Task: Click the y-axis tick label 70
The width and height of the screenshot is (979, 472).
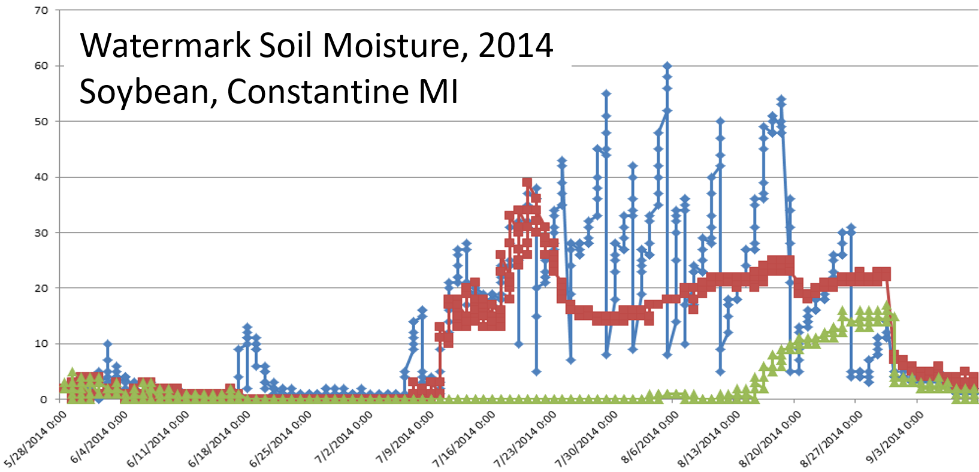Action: [x=41, y=10]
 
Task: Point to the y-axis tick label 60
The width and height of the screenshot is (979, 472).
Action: [x=41, y=66]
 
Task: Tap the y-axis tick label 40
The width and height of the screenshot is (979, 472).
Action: [x=41, y=177]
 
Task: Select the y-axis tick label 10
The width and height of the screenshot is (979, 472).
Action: [x=41, y=344]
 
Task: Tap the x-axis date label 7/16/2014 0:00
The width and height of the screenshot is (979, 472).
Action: [x=465, y=438]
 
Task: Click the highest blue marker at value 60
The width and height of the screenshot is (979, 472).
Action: [x=667, y=66]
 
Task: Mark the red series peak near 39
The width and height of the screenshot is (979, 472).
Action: [x=527, y=182]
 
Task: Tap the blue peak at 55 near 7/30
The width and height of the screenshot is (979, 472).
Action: [x=606, y=93]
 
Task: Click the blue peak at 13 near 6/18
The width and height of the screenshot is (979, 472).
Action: [x=247, y=328]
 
